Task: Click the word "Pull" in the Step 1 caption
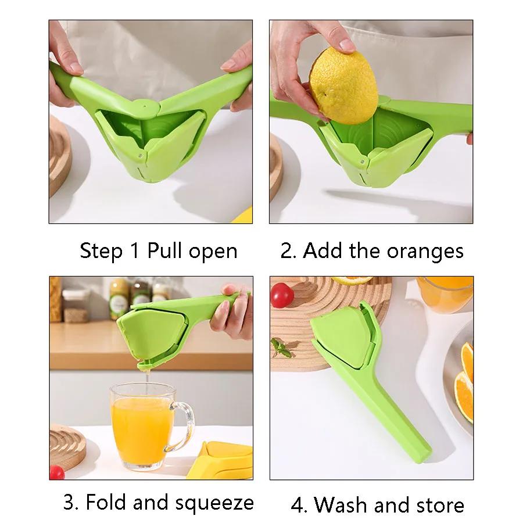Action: (x=165, y=251)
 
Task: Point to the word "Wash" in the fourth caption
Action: (x=343, y=504)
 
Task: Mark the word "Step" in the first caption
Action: (x=101, y=251)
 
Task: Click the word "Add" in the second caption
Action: (x=323, y=251)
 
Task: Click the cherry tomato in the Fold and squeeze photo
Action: (x=56, y=472)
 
